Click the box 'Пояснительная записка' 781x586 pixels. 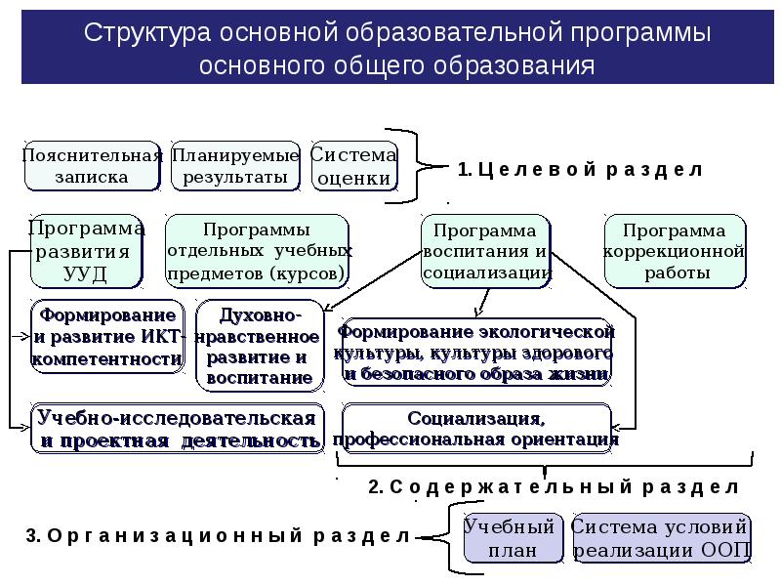tap(92, 166)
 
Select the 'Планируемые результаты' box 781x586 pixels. tap(235, 166)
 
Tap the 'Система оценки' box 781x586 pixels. tap(354, 166)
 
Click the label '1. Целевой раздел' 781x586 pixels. tap(580, 169)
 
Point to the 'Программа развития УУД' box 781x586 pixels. tap(87, 251)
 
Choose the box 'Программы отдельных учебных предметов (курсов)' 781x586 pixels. tap(257, 251)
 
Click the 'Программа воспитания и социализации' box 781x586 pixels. tap(485, 251)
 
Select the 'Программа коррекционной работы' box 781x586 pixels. tap(675, 251)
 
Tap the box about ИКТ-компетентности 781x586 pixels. tap(107, 336)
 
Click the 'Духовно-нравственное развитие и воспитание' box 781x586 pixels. tap(260, 346)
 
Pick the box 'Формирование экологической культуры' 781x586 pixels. tap(476, 352)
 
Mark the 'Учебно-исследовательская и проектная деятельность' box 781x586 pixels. tap(178, 429)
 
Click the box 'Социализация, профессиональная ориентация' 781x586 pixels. tap(476, 429)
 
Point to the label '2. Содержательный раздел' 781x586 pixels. tap(554, 486)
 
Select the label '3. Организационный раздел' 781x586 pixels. tap(218, 535)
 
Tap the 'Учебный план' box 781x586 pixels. tap(514, 538)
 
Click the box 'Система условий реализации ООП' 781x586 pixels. tap(662, 538)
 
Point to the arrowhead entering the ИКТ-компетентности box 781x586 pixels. tap(25, 337)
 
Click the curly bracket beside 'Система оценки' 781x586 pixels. tap(417, 166)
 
